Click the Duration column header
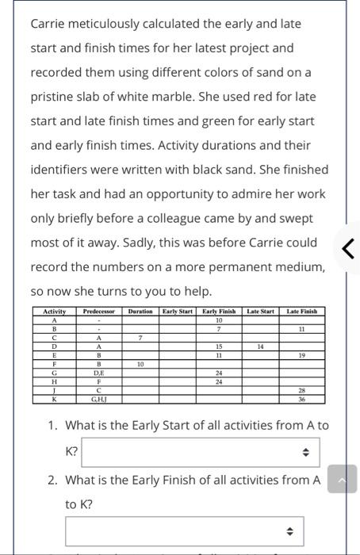(x=140, y=312)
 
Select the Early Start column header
(x=178, y=312)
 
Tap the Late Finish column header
(x=302, y=312)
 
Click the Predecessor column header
(x=99, y=312)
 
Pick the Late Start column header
(x=260, y=312)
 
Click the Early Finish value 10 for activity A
(x=218, y=320)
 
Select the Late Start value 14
(x=260, y=346)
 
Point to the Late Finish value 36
(x=302, y=399)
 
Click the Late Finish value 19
(x=302, y=355)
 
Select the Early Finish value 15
(x=218, y=346)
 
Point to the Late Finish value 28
(x=302, y=390)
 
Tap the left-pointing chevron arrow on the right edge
(x=347, y=248)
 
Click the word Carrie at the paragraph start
(x=48, y=24)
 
